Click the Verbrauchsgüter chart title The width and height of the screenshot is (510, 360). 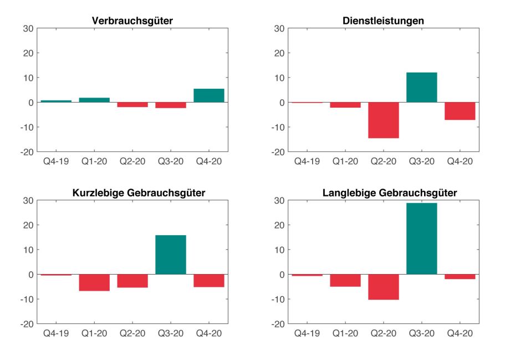pyautogui.click(x=132, y=21)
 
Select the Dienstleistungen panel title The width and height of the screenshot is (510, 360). pyautogui.click(x=384, y=21)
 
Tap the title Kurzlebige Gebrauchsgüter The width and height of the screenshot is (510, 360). pyautogui.click(x=132, y=193)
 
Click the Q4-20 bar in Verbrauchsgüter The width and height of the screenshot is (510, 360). pyautogui.click(x=209, y=95)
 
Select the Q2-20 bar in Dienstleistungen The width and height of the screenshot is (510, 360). pyautogui.click(x=384, y=120)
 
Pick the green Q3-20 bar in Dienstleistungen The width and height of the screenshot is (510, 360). pyautogui.click(x=421, y=88)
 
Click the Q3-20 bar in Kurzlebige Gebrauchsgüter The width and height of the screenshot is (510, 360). pyautogui.click(x=171, y=255)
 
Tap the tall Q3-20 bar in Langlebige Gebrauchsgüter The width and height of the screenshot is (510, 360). pyautogui.click(x=421, y=239)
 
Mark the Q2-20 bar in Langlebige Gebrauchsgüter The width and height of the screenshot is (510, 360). pyautogui.click(x=384, y=287)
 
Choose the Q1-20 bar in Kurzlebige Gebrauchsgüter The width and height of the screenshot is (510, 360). pyautogui.click(x=94, y=282)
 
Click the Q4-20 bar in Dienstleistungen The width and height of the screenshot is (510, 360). pyautogui.click(x=460, y=111)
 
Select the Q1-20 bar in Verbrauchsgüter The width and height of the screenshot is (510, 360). pyautogui.click(x=94, y=100)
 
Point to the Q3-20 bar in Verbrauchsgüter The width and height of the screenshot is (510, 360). pyautogui.click(x=171, y=105)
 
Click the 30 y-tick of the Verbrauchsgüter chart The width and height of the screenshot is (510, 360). pyautogui.click(x=28, y=29)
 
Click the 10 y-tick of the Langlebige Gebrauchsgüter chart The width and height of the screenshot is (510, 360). pyautogui.click(x=280, y=250)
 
